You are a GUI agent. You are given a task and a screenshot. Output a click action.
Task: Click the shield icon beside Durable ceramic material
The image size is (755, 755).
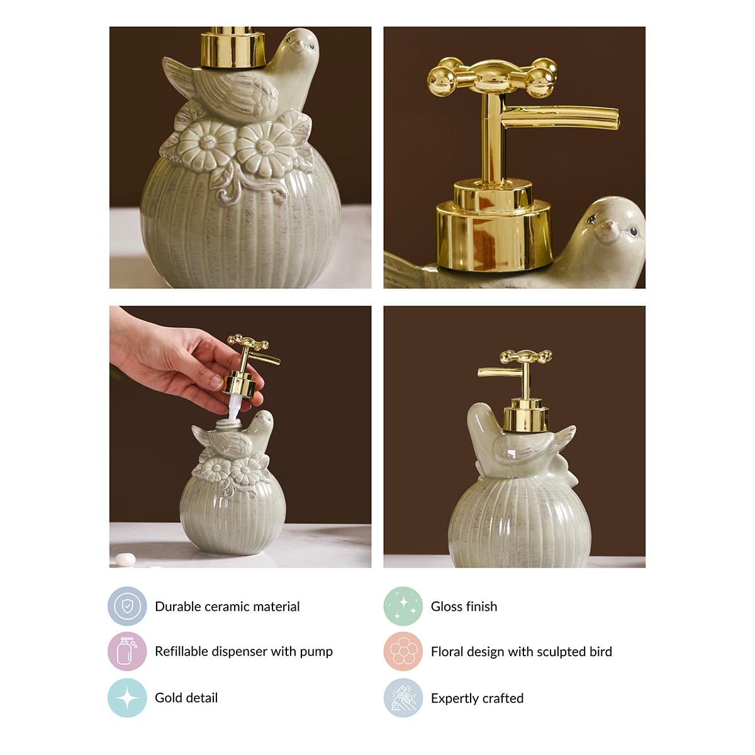pyautogui.click(x=127, y=606)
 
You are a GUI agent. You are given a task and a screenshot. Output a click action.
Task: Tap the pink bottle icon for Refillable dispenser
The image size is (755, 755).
pyautogui.click(x=127, y=651)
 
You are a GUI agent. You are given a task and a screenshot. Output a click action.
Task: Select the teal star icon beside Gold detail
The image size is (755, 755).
pyautogui.click(x=127, y=698)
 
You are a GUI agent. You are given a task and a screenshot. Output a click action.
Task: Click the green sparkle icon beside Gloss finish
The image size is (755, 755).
pyautogui.click(x=403, y=606)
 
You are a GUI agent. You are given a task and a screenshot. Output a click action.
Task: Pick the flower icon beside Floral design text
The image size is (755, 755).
pyautogui.click(x=403, y=651)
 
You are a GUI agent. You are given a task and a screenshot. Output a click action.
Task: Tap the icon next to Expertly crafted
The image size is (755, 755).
pyautogui.click(x=403, y=698)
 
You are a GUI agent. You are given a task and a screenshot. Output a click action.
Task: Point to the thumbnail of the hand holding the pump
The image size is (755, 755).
pyautogui.click(x=240, y=437)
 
